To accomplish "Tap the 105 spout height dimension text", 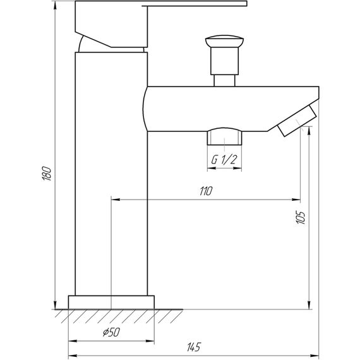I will click(301, 219).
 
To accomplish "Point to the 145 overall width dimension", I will click(194, 347).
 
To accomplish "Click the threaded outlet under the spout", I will click(224, 138).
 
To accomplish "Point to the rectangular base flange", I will click(111, 302).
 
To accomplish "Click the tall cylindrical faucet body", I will click(111, 177).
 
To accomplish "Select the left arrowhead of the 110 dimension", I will click(115, 198).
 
